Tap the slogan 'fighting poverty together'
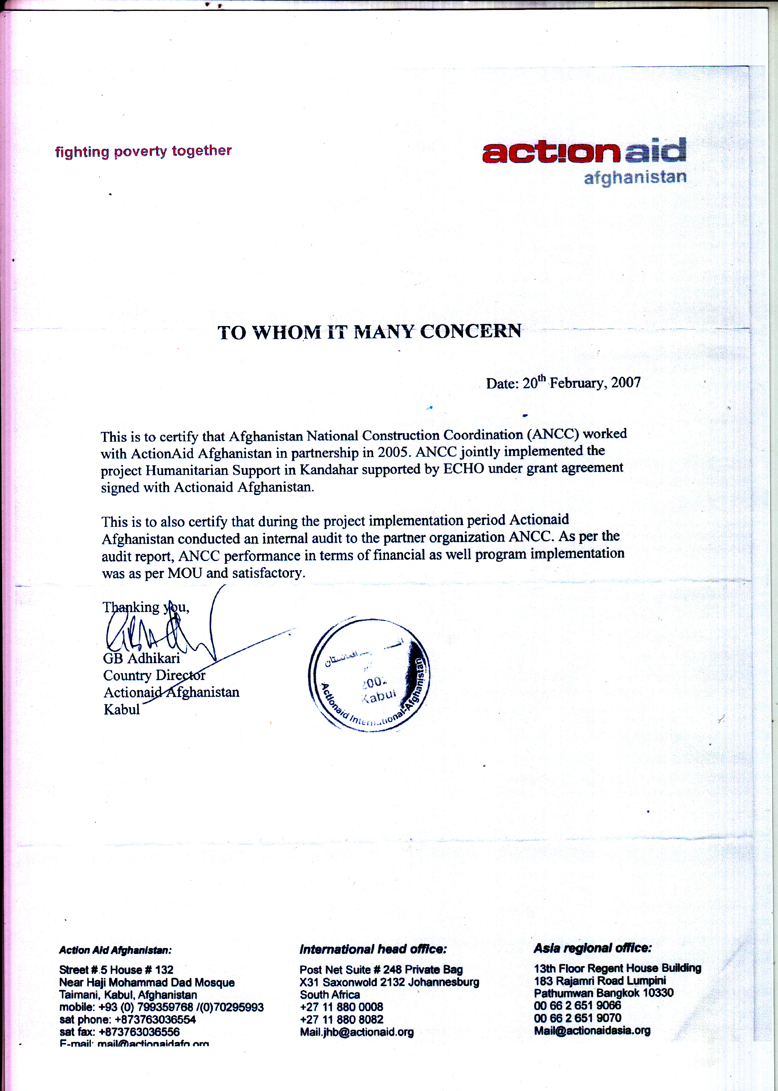(x=143, y=151)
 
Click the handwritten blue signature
(x=158, y=632)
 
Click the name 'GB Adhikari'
(x=141, y=658)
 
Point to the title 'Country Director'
(x=154, y=675)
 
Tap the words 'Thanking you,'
(x=145, y=607)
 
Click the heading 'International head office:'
(x=373, y=949)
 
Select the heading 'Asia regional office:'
(x=593, y=948)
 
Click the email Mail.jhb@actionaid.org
(x=357, y=1032)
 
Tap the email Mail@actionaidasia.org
(x=592, y=1030)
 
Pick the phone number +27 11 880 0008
(x=341, y=1007)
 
